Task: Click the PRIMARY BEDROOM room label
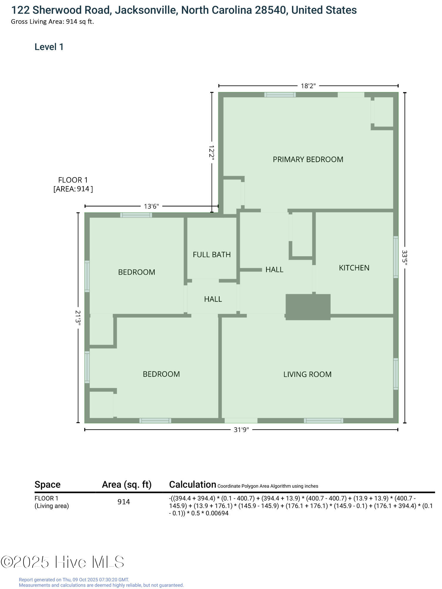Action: [308, 159]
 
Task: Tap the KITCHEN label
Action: [354, 268]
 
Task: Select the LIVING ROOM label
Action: [307, 374]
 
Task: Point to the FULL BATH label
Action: [212, 254]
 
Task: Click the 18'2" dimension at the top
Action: [308, 86]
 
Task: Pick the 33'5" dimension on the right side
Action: [405, 258]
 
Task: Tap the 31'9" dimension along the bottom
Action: [241, 430]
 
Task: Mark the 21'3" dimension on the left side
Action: [78, 317]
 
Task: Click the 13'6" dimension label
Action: [151, 206]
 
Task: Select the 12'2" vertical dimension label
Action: [211, 152]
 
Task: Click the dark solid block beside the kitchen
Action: [308, 307]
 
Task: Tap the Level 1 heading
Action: [49, 47]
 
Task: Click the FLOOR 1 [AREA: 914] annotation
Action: [73, 184]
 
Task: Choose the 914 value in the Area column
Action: [124, 502]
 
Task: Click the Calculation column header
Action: [192, 484]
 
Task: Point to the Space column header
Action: [47, 484]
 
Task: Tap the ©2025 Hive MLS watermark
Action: [62, 562]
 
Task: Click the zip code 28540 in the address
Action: [270, 10]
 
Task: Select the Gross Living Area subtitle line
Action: [52, 21]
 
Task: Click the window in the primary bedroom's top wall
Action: [280, 95]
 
